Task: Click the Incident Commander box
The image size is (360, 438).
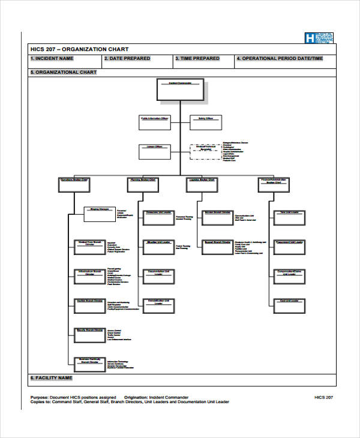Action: coord(180,89)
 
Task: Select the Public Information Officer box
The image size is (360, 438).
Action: coord(154,122)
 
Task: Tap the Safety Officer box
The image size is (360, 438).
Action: coord(206,122)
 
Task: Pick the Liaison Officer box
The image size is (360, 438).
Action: coord(154,151)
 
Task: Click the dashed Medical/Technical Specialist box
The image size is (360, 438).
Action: coord(206,151)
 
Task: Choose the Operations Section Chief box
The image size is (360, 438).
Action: coord(74,184)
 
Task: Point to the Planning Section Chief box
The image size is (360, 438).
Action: coord(143,184)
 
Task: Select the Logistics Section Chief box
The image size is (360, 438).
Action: coord(202,184)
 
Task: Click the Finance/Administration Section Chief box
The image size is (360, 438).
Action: coord(278,184)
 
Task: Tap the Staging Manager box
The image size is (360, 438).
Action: coord(99,214)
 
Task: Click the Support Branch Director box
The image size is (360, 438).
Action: coord(217,246)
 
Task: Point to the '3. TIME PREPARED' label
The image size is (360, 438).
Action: coord(197,59)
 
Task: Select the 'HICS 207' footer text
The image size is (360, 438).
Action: coord(323,397)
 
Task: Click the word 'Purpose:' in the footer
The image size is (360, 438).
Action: coord(40,397)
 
